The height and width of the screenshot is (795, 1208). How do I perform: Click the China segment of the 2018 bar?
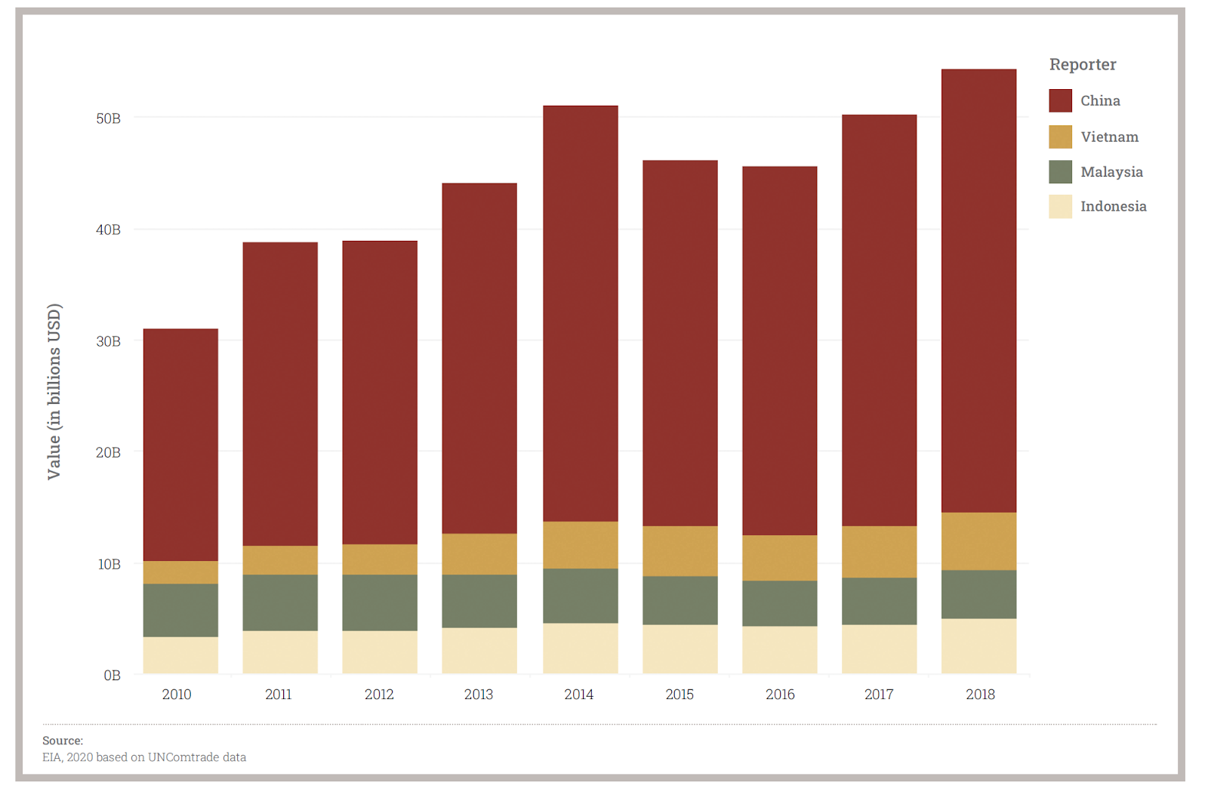pyautogui.click(x=978, y=291)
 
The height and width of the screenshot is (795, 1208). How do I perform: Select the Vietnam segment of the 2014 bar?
pyautogui.click(x=580, y=544)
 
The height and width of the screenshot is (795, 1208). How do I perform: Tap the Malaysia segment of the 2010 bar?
pyautogui.click(x=180, y=610)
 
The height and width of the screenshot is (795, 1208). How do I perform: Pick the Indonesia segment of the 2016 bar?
pyautogui.click(x=779, y=649)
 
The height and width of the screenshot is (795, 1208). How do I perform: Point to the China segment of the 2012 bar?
pyautogui.click(x=380, y=393)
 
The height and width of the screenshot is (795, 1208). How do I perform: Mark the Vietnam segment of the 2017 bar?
pyautogui.click(x=879, y=552)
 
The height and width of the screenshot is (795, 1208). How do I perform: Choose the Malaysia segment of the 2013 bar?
pyautogui.click(x=479, y=601)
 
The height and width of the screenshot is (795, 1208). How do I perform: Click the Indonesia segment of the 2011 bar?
pyautogui.click(x=280, y=652)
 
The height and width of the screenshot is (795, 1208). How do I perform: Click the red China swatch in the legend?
pyautogui.click(x=1060, y=100)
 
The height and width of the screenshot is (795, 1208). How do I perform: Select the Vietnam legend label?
pyautogui.click(x=1109, y=137)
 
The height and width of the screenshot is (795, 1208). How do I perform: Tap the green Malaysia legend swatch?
pyautogui.click(x=1060, y=171)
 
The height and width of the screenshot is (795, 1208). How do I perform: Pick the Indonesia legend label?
pyautogui.click(x=1113, y=206)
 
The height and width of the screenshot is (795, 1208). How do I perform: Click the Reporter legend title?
pyautogui.click(x=1083, y=64)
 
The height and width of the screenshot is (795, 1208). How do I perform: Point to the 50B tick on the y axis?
pyautogui.click(x=108, y=119)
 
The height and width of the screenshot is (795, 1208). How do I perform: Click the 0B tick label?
pyautogui.click(x=112, y=675)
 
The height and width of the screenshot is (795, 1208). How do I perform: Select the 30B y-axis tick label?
pyautogui.click(x=108, y=341)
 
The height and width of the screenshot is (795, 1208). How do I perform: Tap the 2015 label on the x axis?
pyautogui.click(x=679, y=695)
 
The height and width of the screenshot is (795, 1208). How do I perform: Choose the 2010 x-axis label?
pyautogui.click(x=177, y=695)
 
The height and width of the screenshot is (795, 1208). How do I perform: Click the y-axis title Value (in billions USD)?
pyautogui.click(x=54, y=391)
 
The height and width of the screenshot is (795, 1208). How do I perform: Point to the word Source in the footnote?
pyautogui.click(x=62, y=741)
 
